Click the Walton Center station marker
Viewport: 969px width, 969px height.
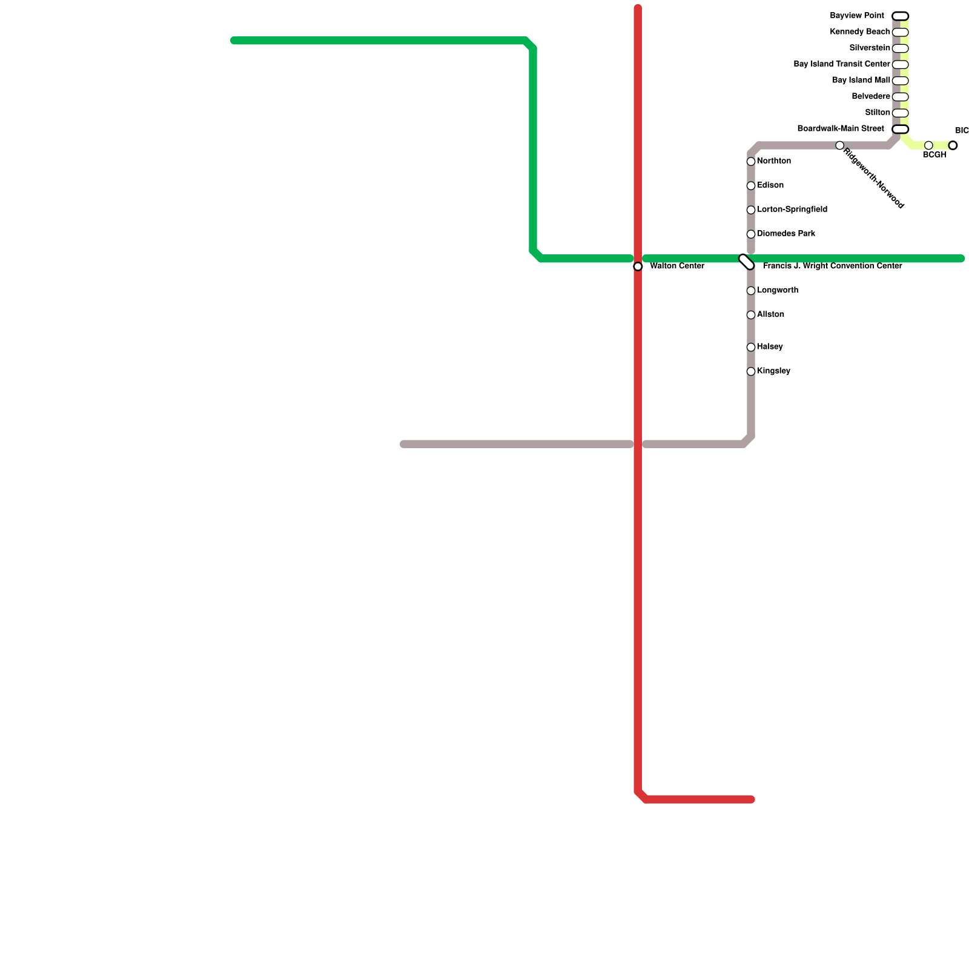[638, 266]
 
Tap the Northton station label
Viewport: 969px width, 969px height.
[773, 161]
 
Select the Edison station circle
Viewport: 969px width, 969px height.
[751, 186]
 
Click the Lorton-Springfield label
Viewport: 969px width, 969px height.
[792, 210]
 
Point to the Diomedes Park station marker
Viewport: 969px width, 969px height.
[751, 234]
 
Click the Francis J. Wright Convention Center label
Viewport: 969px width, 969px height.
[832, 266]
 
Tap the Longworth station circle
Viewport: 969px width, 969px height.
[751, 291]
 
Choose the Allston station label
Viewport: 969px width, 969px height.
[770, 315]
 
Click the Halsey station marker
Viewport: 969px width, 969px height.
[751, 348]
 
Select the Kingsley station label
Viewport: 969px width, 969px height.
[773, 371]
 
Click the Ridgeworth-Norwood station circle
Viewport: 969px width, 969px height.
[839, 145]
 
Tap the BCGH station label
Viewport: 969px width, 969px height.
[934, 155]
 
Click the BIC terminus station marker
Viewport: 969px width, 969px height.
[953, 145]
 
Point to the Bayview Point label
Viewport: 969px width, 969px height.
[856, 16]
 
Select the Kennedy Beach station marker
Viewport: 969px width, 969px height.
[900, 32]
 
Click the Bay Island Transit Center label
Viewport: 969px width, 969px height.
[841, 64]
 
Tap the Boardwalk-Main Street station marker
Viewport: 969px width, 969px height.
[900, 129]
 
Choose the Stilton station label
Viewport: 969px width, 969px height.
[877, 113]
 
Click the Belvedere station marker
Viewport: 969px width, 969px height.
[900, 97]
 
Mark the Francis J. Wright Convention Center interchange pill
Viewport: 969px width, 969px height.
[747, 262]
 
